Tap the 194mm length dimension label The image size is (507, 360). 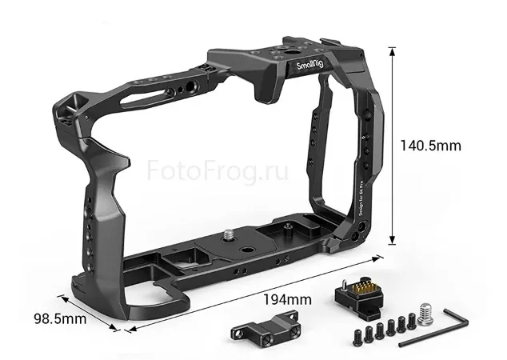287,299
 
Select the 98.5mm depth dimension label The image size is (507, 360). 58,318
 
